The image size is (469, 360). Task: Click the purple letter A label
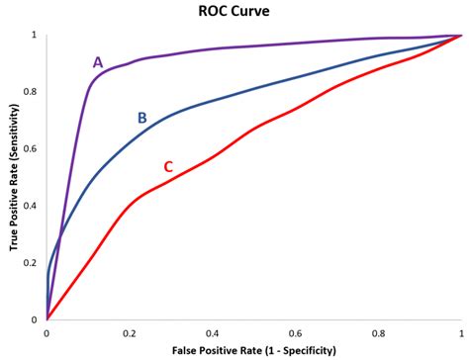98,62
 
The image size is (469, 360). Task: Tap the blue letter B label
141,119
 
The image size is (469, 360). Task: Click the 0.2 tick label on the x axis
129,332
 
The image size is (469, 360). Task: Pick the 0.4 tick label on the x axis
212,332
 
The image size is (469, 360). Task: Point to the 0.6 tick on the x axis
295,332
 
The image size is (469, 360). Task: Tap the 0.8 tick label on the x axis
378,332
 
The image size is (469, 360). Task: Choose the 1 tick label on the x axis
460,332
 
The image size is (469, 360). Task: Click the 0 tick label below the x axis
47,332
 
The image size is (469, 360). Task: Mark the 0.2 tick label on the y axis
35,263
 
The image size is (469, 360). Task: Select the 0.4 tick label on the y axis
35,206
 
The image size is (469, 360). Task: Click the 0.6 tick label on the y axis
35,149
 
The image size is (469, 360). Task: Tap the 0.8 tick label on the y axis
35,92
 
